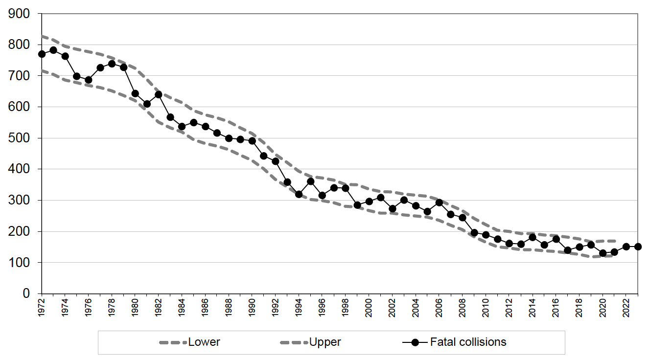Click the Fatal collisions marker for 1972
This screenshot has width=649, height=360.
click(x=42, y=54)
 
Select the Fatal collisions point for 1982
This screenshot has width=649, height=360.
click(x=159, y=94)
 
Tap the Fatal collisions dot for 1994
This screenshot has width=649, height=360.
click(x=299, y=194)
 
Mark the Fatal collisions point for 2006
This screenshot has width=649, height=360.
click(x=439, y=202)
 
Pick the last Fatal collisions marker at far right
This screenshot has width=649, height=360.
click(x=638, y=247)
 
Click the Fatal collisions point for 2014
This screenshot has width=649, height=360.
click(x=533, y=237)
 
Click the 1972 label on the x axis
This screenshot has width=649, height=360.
click(x=42, y=307)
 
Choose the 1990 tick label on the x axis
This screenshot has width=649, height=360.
click(x=252, y=307)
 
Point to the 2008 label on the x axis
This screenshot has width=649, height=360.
click(x=463, y=307)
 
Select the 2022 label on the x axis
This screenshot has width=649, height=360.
click(x=626, y=307)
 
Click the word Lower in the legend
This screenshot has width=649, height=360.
click(x=204, y=342)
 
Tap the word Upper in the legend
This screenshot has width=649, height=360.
click(x=325, y=342)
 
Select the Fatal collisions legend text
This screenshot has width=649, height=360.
click(x=468, y=342)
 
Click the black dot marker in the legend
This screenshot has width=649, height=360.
click(x=416, y=342)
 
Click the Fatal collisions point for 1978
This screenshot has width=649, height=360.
click(x=112, y=64)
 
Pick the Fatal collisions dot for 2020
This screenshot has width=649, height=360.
click(x=603, y=253)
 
